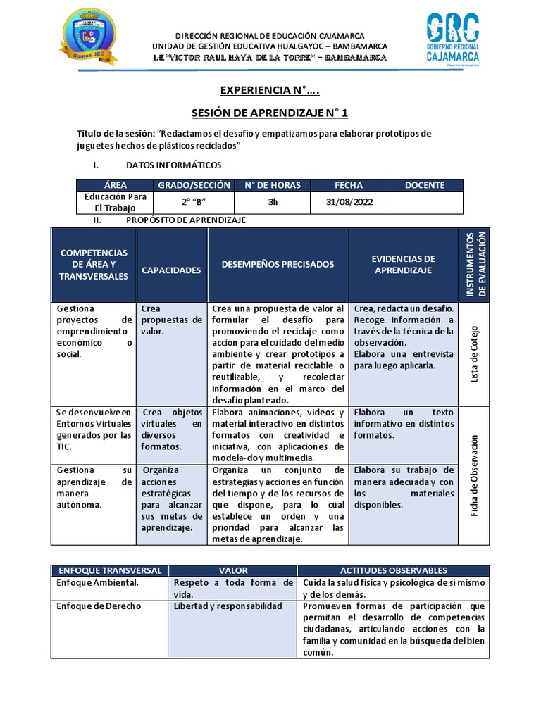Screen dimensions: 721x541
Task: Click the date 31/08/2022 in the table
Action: click(x=349, y=203)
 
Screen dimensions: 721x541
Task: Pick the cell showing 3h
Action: click(x=272, y=203)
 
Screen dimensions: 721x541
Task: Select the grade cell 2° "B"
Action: click(x=194, y=203)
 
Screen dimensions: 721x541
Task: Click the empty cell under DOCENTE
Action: click(x=425, y=203)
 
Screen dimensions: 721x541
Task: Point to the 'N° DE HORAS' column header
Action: click(x=272, y=185)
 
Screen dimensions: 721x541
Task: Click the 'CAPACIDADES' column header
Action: click(x=171, y=270)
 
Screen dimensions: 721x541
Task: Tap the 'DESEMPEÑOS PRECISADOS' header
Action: click(x=278, y=264)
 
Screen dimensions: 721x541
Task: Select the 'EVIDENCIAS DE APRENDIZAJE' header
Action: click(x=404, y=264)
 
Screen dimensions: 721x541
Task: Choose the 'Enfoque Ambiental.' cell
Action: click(x=97, y=583)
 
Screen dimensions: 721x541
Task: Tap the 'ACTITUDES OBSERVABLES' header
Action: click(x=393, y=570)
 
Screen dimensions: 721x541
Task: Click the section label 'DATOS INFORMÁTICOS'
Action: click(x=173, y=165)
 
